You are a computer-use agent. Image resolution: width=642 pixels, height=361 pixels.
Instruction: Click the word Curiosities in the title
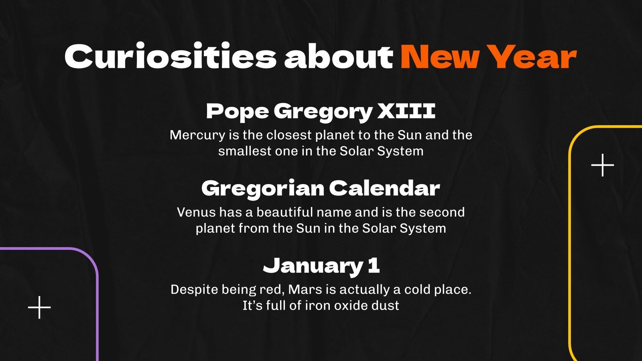click(x=170, y=57)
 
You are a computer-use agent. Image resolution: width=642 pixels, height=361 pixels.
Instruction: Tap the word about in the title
click(x=338, y=57)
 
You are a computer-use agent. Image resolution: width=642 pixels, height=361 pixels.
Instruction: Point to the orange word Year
click(x=534, y=57)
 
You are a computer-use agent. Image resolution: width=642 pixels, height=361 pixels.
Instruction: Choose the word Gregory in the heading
click(x=323, y=112)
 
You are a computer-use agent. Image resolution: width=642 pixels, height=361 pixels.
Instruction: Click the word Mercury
click(x=197, y=135)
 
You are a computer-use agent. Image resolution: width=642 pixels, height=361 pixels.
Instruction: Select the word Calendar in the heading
click(x=384, y=188)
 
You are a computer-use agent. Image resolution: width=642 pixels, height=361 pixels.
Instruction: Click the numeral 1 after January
click(x=374, y=265)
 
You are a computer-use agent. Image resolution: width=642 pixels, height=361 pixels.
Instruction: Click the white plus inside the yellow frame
click(x=603, y=165)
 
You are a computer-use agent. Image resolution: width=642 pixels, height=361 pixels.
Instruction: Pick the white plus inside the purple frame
click(x=39, y=308)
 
